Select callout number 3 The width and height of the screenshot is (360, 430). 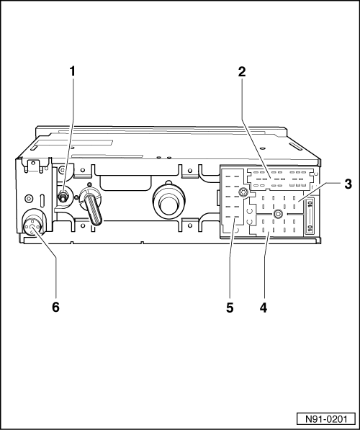[348, 184]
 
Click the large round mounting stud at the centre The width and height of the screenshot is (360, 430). [165, 203]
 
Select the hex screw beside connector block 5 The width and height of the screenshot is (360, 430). [245, 192]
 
